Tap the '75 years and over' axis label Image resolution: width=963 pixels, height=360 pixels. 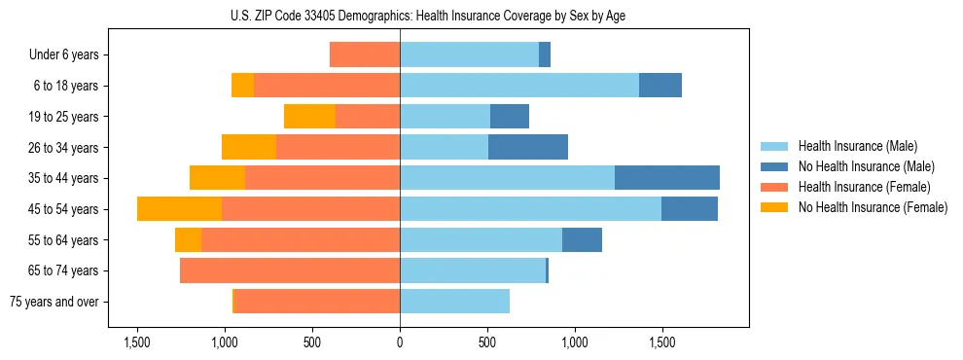[53, 302]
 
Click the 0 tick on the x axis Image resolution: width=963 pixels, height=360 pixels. [400, 342]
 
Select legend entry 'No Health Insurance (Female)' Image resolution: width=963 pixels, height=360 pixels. [873, 207]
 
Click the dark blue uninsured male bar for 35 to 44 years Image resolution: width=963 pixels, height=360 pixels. [667, 178]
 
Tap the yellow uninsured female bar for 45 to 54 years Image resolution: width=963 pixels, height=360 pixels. [180, 209]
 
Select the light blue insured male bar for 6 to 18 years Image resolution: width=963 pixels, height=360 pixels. [519, 86]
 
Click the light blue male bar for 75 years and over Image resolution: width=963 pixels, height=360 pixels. [454, 302]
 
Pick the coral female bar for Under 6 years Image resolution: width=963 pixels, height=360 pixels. [365, 55]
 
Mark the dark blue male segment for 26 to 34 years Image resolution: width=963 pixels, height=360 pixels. [528, 147]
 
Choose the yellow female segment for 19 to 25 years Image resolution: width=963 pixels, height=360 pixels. [309, 117]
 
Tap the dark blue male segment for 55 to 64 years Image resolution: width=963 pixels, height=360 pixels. [582, 239]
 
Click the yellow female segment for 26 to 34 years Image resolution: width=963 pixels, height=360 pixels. [249, 147]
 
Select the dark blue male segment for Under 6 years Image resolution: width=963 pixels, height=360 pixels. [545, 55]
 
